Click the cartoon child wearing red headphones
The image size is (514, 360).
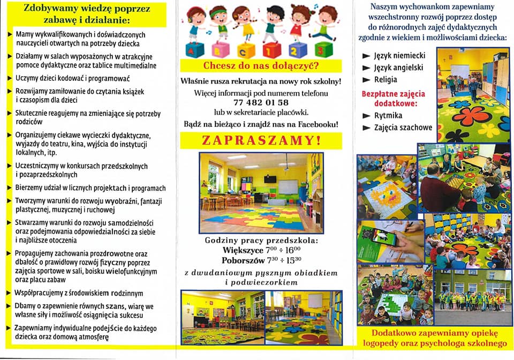click(195, 21)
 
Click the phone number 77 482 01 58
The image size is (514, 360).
click(261, 102)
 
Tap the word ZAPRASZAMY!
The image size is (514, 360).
click(261, 141)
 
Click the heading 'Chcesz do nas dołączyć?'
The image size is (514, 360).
click(261, 66)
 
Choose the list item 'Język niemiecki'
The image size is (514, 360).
click(399, 56)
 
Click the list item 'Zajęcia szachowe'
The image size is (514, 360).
click(404, 127)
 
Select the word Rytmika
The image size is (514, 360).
click(389, 115)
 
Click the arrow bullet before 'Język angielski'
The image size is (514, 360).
click(366, 68)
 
